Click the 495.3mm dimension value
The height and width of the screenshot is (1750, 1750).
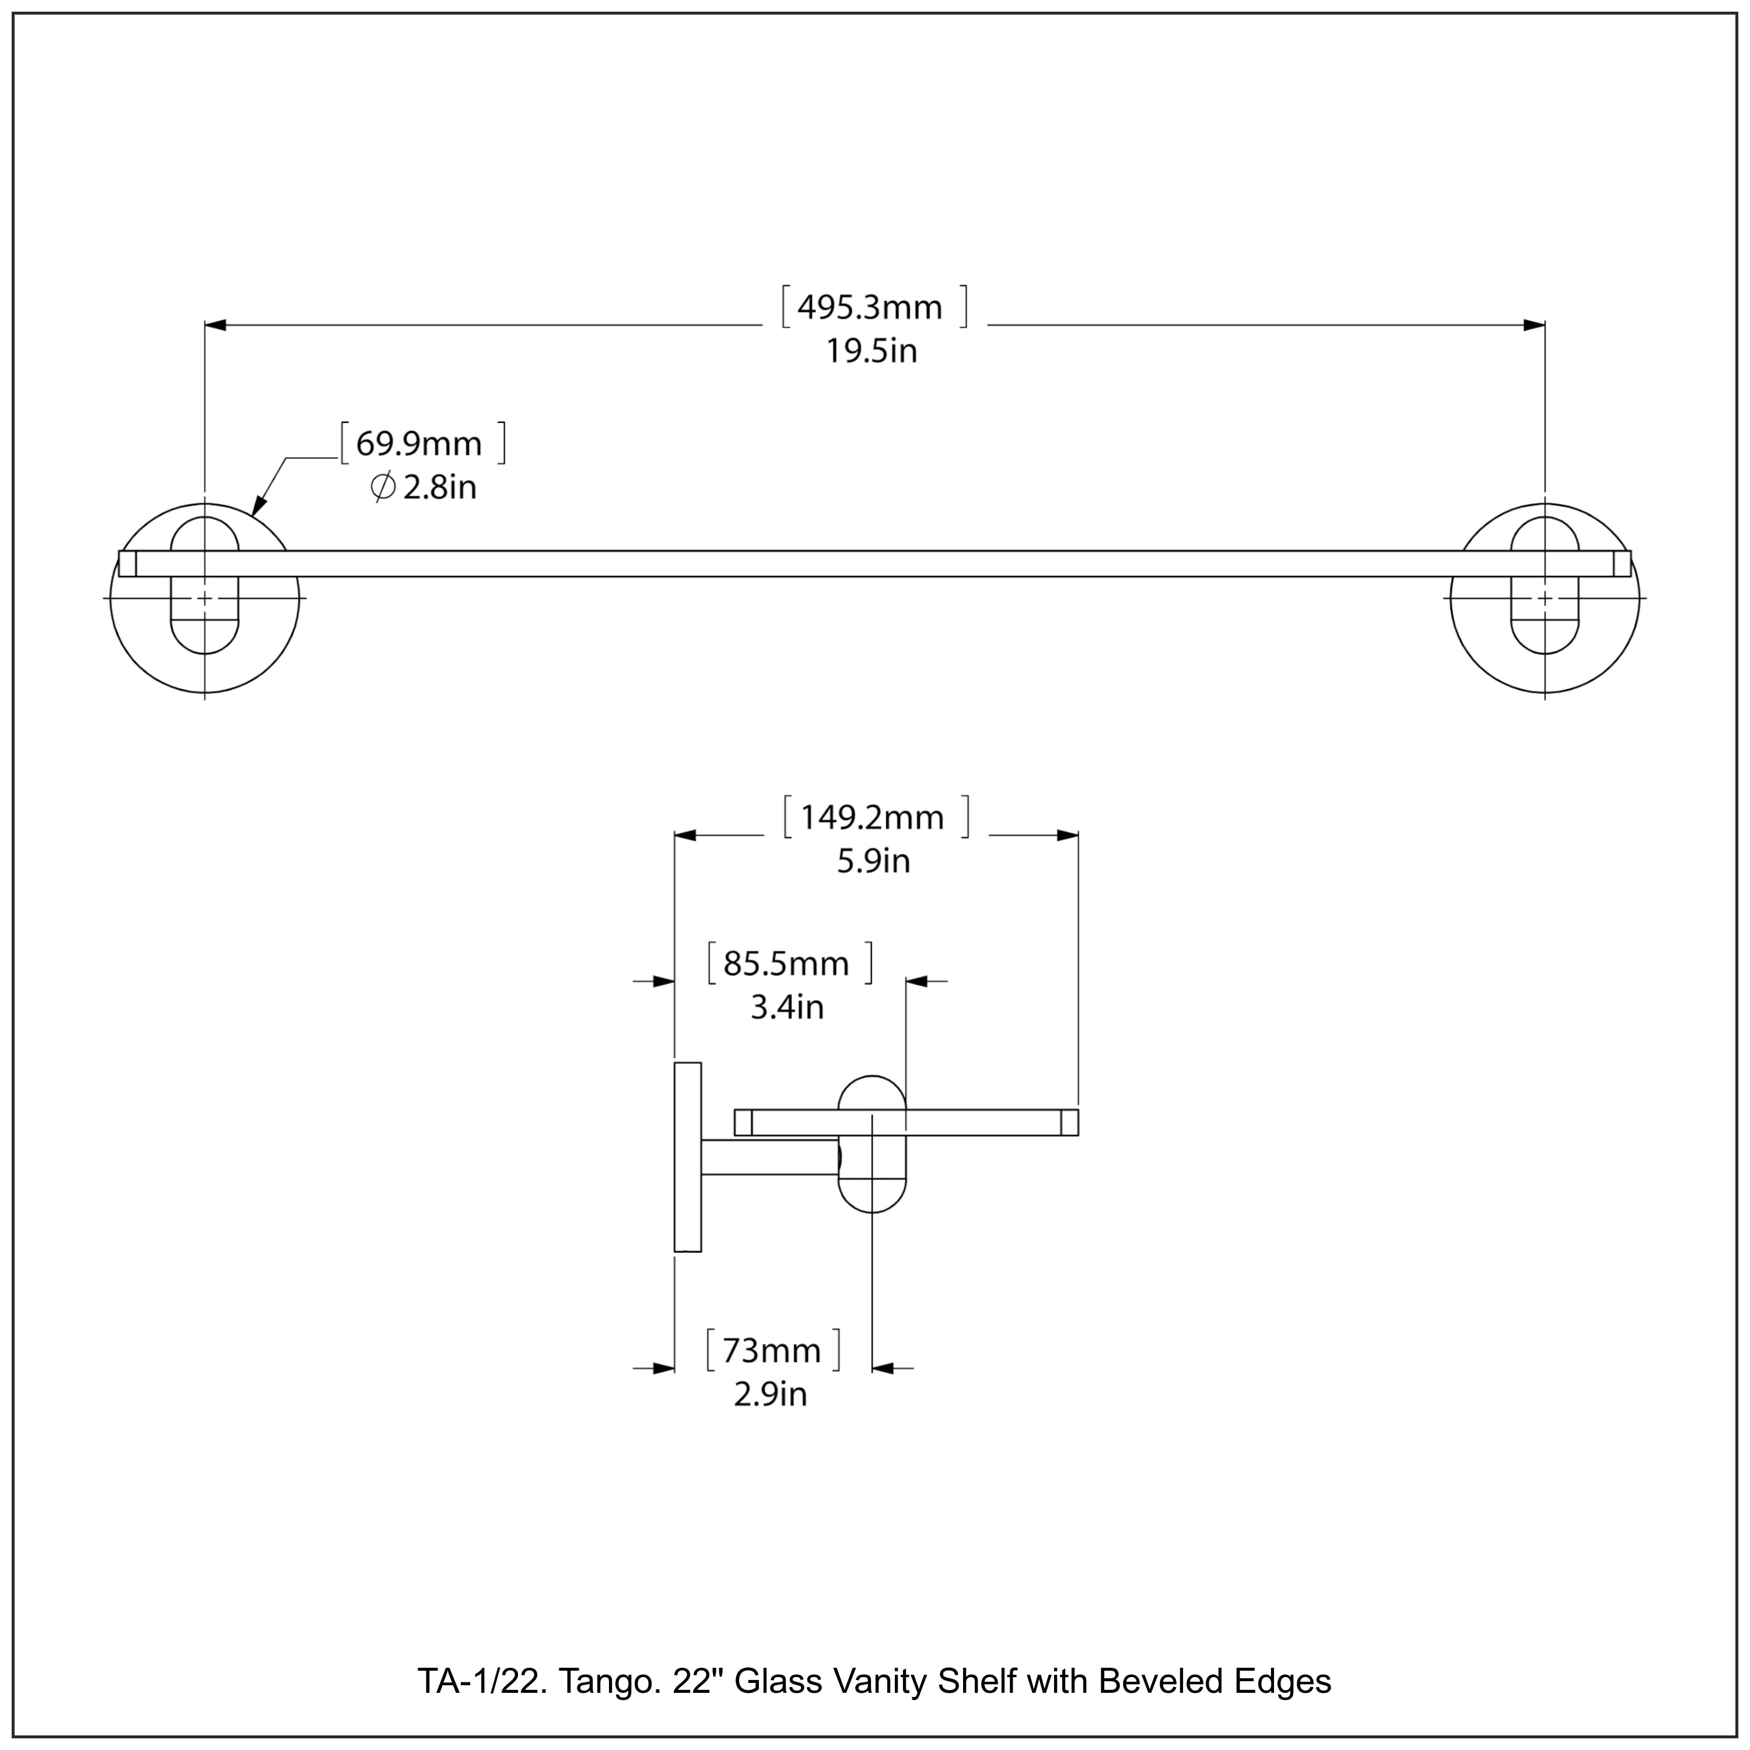(x=870, y=308)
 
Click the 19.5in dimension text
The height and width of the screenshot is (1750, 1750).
(x=870, y=351)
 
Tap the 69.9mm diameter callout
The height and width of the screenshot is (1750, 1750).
(x=418, y=444)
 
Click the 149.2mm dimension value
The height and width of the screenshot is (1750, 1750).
(x=871, y=818)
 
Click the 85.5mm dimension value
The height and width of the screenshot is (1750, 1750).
(x=785, y=964)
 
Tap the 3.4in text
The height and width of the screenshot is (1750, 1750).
(x=786, y=1007)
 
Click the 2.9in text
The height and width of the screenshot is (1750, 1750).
(x=770, y=1394)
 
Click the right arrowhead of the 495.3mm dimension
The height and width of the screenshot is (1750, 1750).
(x=1534, y=324)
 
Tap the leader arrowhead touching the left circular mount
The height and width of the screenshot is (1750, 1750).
(x=257, y=508)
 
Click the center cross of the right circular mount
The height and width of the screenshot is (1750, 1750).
(x=1545, y=598)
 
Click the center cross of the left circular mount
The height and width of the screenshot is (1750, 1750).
(x=205, y=598)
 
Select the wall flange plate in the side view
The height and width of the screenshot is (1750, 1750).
(x=688, y=1157)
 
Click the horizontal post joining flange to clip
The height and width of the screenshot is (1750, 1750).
(x=770, y=1157)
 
